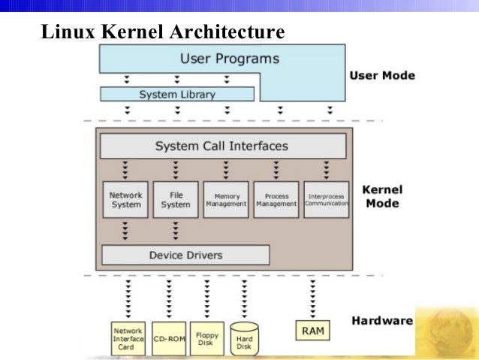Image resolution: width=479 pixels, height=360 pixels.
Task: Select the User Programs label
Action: point(229,58)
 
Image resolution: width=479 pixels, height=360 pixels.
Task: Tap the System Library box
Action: point(176,95)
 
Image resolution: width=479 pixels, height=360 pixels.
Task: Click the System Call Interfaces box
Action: point(221,146)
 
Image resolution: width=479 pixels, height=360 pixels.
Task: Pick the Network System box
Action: point(125,199)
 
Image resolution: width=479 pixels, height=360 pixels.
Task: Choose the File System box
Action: point(176,199)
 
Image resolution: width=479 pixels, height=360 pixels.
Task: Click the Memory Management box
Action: point(225,199)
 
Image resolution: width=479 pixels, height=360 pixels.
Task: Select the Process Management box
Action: point(276,199)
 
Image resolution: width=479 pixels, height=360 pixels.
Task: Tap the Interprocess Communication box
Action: point(327,199)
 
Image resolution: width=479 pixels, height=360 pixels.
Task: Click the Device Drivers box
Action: point(185,255)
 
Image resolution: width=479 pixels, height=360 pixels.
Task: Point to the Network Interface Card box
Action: point(128,338)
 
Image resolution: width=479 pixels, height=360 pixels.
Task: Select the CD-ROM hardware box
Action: point(169,338)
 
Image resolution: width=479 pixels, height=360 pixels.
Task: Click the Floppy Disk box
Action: point(206,338)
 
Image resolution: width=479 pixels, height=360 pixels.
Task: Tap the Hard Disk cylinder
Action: point(244,340)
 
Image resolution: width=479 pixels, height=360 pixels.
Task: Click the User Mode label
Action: point(381,76)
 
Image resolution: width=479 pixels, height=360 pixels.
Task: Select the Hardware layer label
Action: point(381,321)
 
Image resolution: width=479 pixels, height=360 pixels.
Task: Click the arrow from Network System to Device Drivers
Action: point(125,231)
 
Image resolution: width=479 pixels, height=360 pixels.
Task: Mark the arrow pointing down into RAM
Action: point(312,298)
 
